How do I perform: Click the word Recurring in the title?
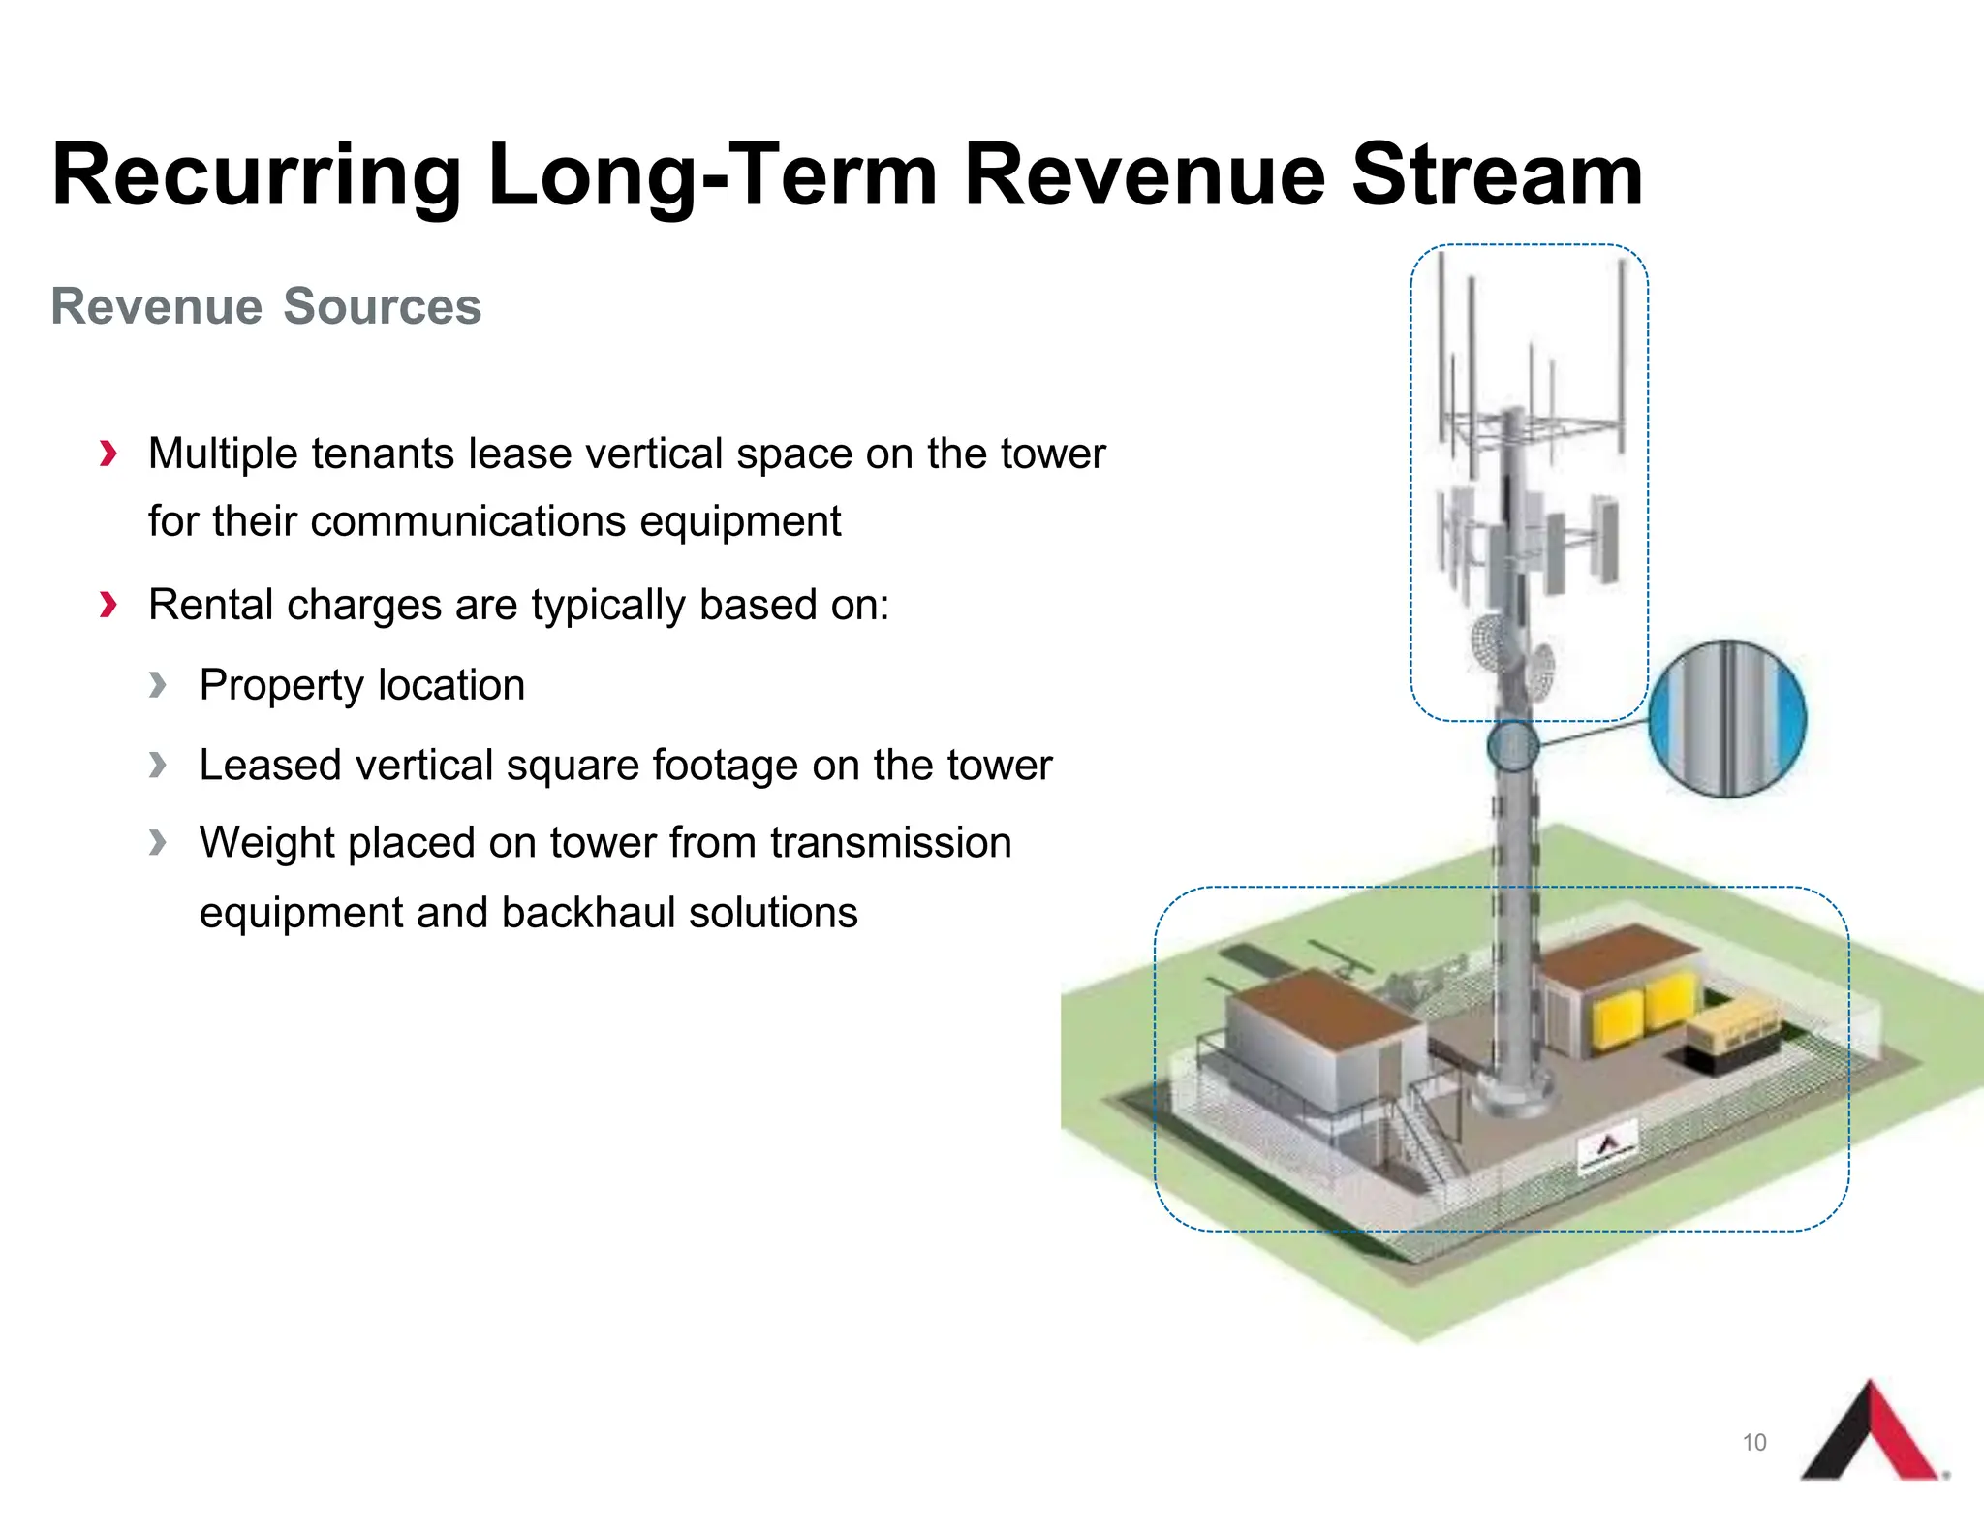click(257, 175)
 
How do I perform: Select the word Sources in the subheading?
click(382, 307)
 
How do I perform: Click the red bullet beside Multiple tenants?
click(108, 454)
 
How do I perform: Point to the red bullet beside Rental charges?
click(108, 606)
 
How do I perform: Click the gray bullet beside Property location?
click(158, 685)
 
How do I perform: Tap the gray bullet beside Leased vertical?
click(158, 766)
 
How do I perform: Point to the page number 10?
click(1753, 1443)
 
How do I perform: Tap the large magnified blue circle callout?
click(1727, 719)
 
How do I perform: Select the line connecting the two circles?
click(1594, 733)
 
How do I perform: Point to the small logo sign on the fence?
click(1607, 1145)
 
